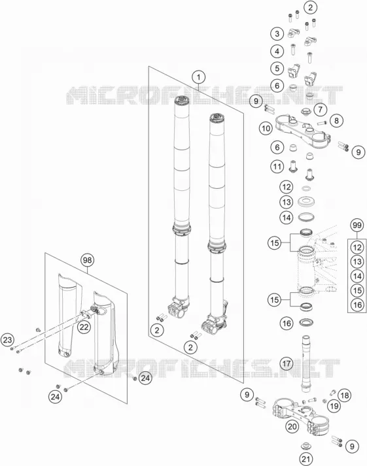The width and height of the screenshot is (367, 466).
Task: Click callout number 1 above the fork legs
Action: pyautogui.click(x=199, y=78)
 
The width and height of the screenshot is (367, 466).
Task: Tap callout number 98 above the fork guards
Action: pyautogui.click(x=87, y=260)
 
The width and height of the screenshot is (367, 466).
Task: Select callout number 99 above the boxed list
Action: pyautogui.click(x=357, y=225)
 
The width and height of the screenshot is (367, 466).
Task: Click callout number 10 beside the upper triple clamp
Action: pyautogui.click(x=266, y=128)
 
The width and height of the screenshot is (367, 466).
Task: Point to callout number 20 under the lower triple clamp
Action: pyautogui.click(x=292, y=427)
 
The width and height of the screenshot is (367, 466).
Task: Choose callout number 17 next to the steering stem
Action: pyautogui.click(x=287, y=363)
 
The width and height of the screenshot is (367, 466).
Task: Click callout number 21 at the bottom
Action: pyautogui.click(x=306, y=459)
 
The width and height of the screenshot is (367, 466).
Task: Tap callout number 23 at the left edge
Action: pyautogui.click(x=7, y=340)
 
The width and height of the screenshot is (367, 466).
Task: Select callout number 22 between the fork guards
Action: pyautogui.click(x=84, y=327)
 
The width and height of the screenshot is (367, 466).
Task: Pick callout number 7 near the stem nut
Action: pyautogui.click(x=321, y=109)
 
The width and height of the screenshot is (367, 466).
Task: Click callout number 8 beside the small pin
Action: pyautogui.click(x=336, y=120)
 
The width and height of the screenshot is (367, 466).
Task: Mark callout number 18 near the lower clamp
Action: pyautogui.click(x=344, y=395)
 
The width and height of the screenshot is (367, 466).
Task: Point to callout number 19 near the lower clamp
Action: pyautogui.click(x=334, y=406)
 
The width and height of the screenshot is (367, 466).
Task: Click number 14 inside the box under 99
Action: pyautogui.click(x=357, y=276)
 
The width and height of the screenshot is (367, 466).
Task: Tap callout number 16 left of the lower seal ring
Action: pyautogui.click(x=287, y=323)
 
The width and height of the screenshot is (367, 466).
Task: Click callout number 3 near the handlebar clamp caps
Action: pyautogui.click(x=277, y=33)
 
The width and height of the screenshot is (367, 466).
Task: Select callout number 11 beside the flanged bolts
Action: pyautogui.click(x=277, y=167)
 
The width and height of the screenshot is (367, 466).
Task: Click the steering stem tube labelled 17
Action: pyautogui.click(x=306, y=364)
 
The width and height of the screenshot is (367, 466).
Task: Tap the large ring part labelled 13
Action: pyautogui.click(x=307, y=202)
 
